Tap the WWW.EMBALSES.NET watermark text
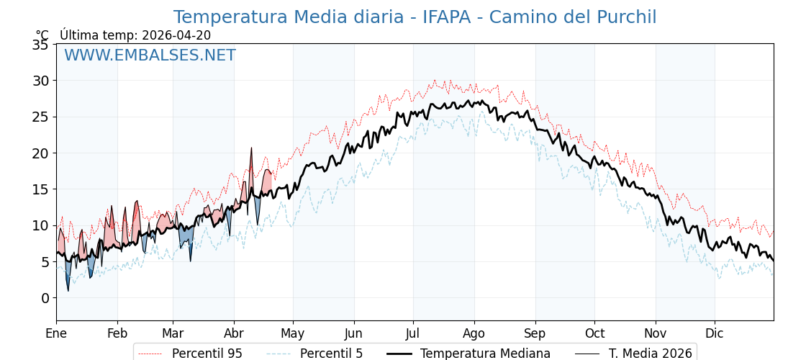coord(150,55)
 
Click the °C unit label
coord(42,35)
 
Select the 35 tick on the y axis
coord(40,45)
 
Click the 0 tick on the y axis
coord(45,298)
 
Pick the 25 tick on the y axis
coord(40,117)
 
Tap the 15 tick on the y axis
coord(40,189)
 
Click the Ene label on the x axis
coord(56,333)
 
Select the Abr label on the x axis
coord(234,333)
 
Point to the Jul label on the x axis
coord(413,333)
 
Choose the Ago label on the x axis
coord(474,333)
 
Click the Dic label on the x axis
coord(715,333)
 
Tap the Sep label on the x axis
coord(535,333)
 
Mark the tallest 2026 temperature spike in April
coord(251,148)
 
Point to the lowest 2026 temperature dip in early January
coord(68,290)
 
